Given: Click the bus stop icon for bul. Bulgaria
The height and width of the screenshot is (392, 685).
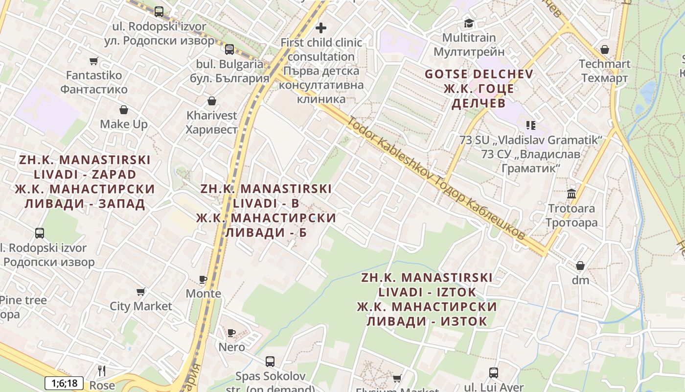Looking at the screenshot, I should click(x=229, y=49).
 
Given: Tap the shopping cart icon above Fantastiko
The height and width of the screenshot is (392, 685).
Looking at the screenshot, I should click(x=93, y=61).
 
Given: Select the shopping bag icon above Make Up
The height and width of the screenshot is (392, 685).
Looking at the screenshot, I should click(x=124, y=110).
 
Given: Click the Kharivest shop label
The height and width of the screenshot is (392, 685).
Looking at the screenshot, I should click(x=211, y=122).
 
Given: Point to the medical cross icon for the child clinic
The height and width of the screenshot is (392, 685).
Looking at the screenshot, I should click(x=321, y=28).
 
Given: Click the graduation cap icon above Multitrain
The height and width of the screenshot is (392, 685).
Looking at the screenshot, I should click(x=469, y=23).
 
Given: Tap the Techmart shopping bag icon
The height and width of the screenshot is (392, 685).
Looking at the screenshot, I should click(x=605, y=49).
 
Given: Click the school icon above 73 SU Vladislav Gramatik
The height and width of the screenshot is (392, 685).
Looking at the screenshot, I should click(x=531, y=125).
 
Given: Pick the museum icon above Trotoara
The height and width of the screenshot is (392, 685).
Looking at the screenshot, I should click(x=571, y=194).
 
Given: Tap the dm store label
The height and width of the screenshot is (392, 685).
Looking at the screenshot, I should click(x=580, y=280).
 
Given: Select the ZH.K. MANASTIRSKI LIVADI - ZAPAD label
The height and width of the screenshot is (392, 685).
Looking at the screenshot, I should click(x=85, y=182).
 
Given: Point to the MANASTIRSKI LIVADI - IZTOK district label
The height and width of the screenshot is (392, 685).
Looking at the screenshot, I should click(x=427, y=299).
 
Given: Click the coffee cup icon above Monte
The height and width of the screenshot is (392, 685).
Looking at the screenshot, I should click(x=203, y=279).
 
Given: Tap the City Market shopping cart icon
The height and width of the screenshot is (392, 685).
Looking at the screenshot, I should click(x=141, y=292).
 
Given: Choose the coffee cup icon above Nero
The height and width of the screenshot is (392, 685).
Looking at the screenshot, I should click(x=231, y=333).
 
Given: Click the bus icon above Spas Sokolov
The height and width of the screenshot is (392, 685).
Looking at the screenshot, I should click(x=270, y=362).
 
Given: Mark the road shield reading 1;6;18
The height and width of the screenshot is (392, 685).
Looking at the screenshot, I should click(x=64, y=383).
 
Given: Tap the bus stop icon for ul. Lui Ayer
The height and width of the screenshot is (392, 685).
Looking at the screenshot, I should click(x=494, y=373).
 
